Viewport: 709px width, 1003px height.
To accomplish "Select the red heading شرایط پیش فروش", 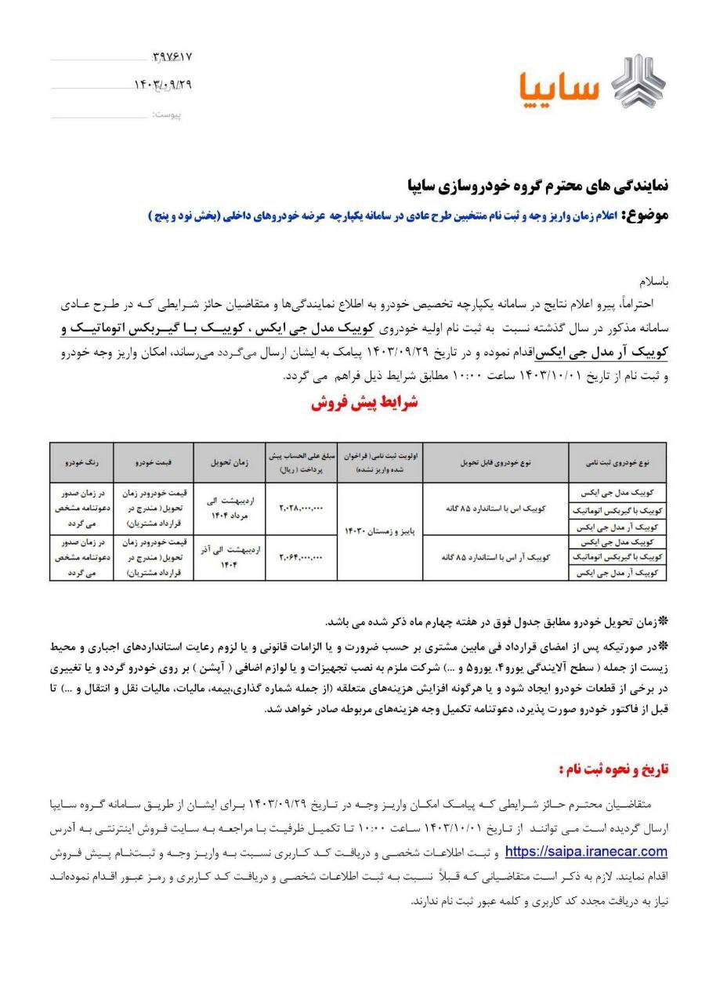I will pos(364,405).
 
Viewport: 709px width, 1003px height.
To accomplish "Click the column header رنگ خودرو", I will pos(81,463).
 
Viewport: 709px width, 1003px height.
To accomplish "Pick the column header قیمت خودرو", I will pos(154,463).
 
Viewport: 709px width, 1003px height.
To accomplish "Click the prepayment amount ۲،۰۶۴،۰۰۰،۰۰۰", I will pos(302,557).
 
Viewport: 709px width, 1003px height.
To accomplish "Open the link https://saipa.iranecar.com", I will pos(586,851).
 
